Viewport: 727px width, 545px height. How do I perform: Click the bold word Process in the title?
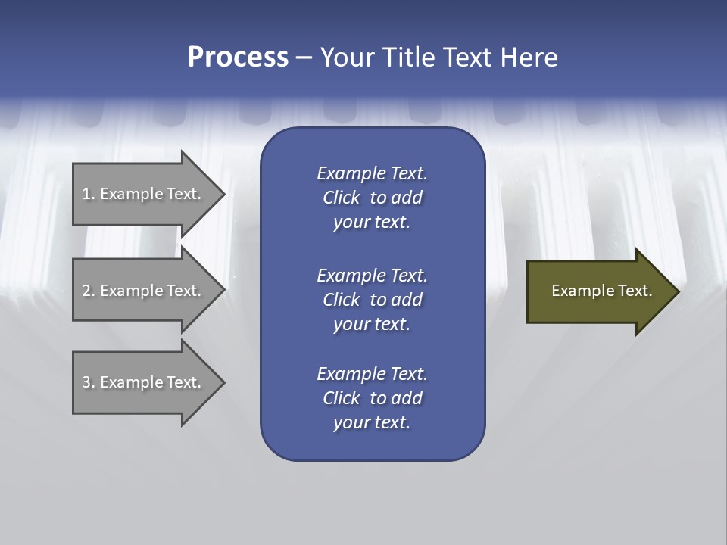(x=238, y=58)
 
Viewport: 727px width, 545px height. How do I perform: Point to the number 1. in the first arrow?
(x=88, y=194)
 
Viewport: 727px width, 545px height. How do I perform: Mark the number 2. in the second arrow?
(x=88, y=291)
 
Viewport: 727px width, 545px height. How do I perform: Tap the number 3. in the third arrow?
(x=88, y=382)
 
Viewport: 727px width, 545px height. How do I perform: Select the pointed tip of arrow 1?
(x=220, y=194)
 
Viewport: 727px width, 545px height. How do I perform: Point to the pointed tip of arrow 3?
(x=220, y=382)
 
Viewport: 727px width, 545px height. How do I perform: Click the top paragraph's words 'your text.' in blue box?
(x=372, y=223)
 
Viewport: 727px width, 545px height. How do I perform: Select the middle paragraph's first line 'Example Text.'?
(x=372, y=275)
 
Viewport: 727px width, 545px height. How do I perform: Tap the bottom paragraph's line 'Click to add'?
(x=372, y=398)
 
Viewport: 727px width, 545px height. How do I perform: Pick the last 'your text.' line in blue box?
(x=372, y=423)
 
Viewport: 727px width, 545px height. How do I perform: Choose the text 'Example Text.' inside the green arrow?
(x=602, y=291)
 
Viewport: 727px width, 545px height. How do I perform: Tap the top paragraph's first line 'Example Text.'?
(x=372, y=173)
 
